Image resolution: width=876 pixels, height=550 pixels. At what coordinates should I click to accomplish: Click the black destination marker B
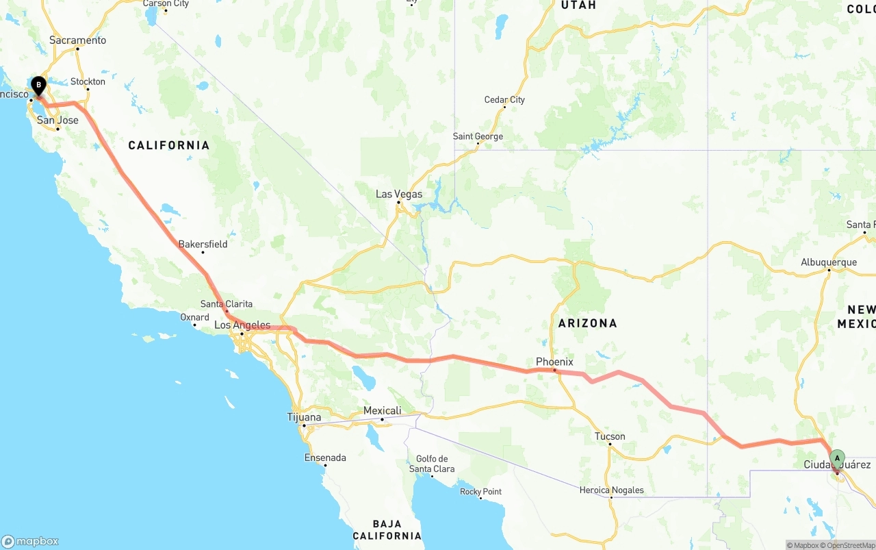click(39, 86)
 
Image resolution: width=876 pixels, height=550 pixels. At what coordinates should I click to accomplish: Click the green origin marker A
click(837, 458)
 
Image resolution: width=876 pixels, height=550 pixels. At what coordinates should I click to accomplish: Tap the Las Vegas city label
click(399, 195)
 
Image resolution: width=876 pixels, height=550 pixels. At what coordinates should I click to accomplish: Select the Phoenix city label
click(554, 362)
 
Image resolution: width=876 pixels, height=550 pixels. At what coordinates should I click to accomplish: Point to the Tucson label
click(610, 436)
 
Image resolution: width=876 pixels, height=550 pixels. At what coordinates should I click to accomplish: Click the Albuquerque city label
click(829, 262)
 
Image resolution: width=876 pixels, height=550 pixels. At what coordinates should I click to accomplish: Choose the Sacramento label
click(78, 40)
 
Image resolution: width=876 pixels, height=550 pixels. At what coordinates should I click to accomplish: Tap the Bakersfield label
click(203, 244)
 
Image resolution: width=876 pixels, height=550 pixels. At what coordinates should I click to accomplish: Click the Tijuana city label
click(304, 417)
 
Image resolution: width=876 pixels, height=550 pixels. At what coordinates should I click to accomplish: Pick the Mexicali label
click(382, 411)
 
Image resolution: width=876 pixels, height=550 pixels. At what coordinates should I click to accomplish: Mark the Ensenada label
click(325, 458)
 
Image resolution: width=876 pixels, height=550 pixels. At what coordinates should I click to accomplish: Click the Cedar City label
click(504, 100)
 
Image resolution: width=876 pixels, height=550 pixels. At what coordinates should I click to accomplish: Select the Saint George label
click(478, 136)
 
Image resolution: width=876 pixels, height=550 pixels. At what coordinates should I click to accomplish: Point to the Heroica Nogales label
click(611, 490)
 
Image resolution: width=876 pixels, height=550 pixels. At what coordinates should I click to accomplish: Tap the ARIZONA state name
click(587, 323)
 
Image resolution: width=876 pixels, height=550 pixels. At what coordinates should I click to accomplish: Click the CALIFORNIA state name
click(169, 145)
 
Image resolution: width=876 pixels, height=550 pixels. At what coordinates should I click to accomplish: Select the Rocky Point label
click(480, 491)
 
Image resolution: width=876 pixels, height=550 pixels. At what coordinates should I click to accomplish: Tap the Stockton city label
click(88, 82)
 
